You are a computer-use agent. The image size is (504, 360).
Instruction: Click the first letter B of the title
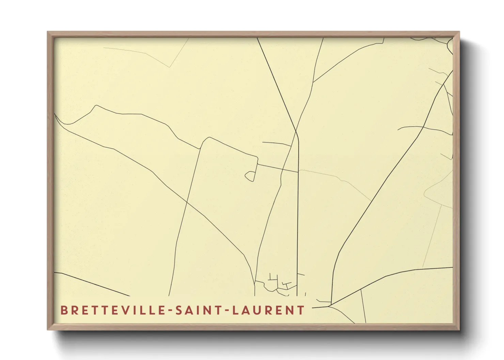click(64, 310)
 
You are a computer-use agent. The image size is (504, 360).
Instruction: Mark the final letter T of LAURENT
click(301, 310)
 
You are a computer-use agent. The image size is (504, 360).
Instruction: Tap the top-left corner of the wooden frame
click(48, 33)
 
